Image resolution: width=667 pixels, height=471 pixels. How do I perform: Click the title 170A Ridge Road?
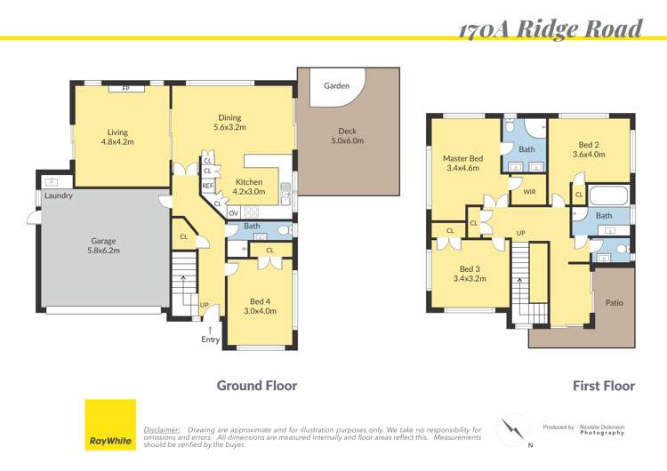coord(550,28)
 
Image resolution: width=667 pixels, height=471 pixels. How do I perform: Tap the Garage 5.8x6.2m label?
coord(103,245)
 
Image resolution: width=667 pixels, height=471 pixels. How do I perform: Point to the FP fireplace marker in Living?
coord(125,89)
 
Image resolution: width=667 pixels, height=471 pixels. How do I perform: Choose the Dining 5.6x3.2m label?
coord(229,122)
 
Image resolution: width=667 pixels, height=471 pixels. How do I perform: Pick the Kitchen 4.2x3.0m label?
coord(248,186)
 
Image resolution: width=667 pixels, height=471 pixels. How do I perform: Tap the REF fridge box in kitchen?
coord(207,186)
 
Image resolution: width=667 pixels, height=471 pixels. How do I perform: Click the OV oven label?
coord(233,212)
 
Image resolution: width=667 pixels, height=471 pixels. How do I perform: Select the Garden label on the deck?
coord(335,86)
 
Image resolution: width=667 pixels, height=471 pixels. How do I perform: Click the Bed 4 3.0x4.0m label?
coord(261,306)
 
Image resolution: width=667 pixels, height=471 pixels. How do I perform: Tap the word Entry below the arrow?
coord(210,339)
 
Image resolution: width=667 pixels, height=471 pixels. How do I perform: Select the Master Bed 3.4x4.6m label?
coord(462,163)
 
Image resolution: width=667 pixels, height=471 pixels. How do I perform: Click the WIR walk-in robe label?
coord(528,191)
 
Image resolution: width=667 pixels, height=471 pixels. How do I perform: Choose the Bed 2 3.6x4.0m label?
coord(591,149)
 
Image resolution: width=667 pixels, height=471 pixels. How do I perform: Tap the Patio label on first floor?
coord(614,303)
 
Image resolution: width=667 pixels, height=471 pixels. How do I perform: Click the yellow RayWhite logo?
coord(109,424)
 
